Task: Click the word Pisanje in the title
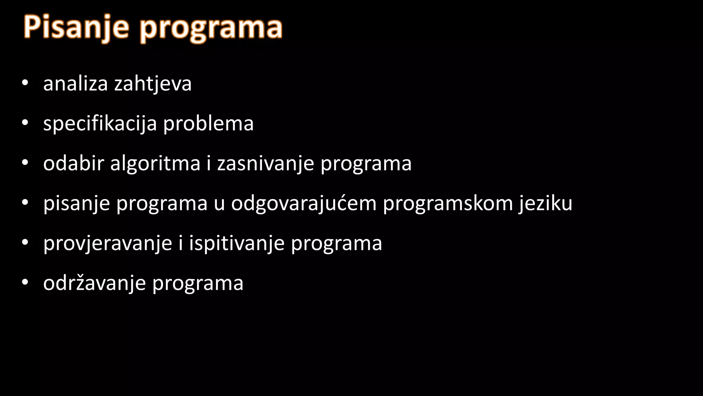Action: (x=76, y=27)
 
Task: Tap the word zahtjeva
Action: (x=153, y=84)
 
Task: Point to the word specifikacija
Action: (x=100, y=124)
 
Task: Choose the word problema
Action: (x=208, y=124)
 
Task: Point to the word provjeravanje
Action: (x=107, y=244)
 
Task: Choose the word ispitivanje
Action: (x=237, y=244)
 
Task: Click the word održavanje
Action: (x=94, y=284)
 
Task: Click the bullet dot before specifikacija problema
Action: (x=24, y=123)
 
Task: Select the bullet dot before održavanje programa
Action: (x=24, y=282)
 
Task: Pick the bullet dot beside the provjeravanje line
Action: (x=24, y=242)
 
